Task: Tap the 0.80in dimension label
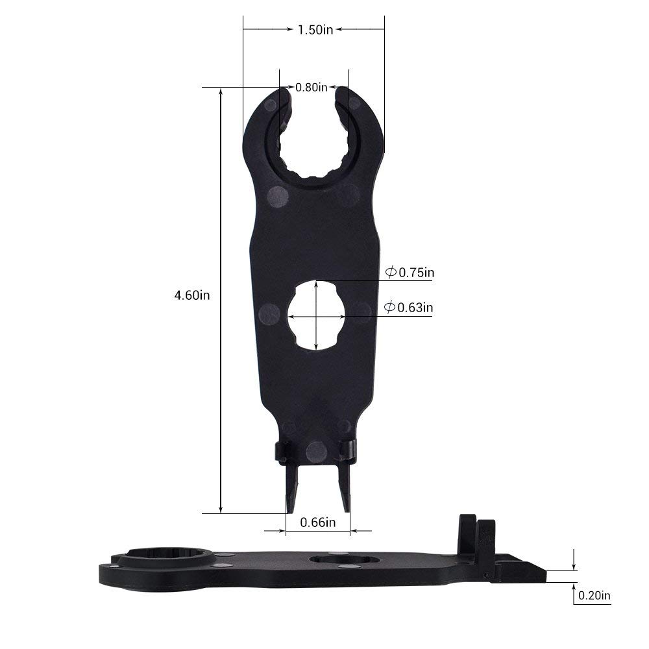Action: (x=312, y=88)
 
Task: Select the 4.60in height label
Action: (x=192, y=295)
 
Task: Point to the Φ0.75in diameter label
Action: (x=410, y=273)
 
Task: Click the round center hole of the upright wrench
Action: (x=316, y=316)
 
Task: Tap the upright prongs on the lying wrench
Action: (x=476, y=537)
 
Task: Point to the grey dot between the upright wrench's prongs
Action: (x=316, y=450)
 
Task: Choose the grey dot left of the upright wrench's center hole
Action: (x=269, y=315)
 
